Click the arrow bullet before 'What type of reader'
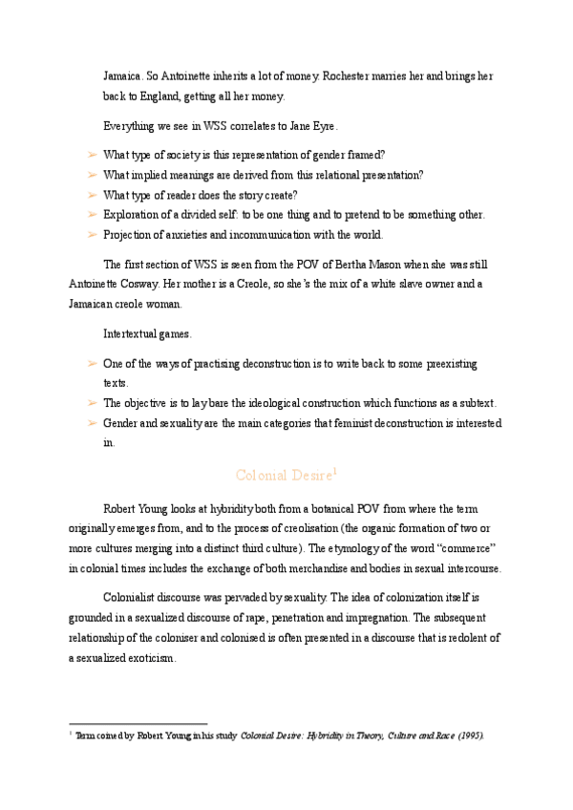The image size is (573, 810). coord(91,195)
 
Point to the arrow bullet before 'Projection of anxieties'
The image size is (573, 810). coord(91,235)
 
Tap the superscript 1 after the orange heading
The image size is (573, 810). coord(334,470)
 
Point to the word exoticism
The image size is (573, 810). coord(147,659)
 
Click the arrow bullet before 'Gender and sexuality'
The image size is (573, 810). coord(91,423)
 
